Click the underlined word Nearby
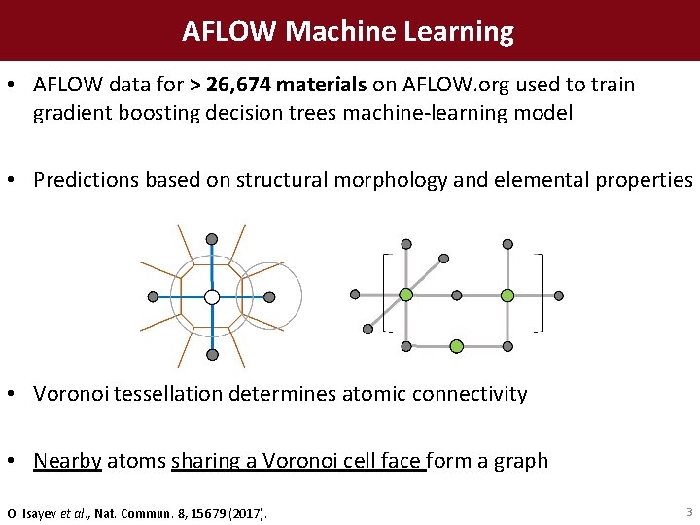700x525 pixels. coord(67,461)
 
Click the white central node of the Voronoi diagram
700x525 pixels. coord(212,297)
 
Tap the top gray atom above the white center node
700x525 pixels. coord(212,239)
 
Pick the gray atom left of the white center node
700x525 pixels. coord(153,297)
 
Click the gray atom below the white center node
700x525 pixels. coord(212,355)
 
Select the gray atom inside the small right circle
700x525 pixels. coord(269,297)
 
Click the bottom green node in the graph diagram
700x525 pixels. coord(456,345)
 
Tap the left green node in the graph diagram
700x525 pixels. coord(406,295)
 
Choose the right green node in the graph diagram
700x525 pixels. coord(507,295)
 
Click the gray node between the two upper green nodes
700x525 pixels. coord(456,295)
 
